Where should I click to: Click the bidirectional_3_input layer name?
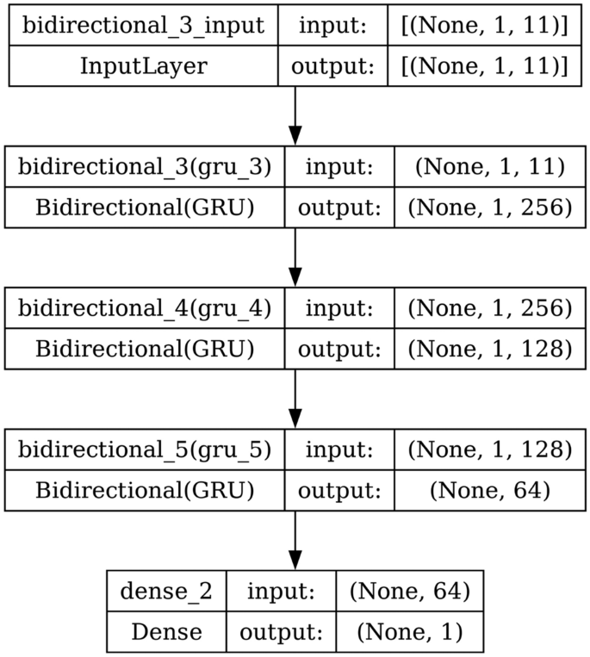coord(143,25)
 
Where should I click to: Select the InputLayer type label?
coord(143,66)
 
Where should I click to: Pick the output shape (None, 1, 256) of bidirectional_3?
coord(489,208)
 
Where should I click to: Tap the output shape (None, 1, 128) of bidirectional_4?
coord(489,349)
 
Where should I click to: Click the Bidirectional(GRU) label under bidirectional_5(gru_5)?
coord(144,490)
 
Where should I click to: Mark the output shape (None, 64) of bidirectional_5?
coord(489,490)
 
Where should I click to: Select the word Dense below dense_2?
coord(166,631)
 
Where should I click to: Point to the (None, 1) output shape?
coord(409,631)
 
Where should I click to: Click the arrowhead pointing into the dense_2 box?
coord(295,560)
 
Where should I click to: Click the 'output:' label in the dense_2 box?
coord(281,631)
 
